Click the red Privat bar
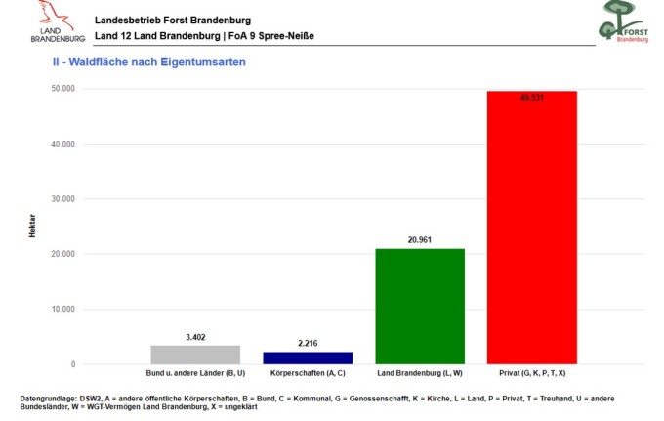coord(532,228)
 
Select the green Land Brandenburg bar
coord(420,306)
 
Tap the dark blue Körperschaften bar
coord(308,358)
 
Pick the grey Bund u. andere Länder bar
coord(195,355)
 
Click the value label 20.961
coord(420,240)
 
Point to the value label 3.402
coord(195,337)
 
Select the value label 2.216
coord(308,343)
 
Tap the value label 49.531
coord(532,98)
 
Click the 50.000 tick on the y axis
coord(63,89)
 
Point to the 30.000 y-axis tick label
coord(63,198)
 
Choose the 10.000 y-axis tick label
coord(63,310)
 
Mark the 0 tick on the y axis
coord(73,364)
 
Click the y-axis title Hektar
coord(32,226)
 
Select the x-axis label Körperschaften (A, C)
coord(308,373)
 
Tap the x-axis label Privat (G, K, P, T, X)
coord(532,373)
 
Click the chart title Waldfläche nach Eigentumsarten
coord(157,62)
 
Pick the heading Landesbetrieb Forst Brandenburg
coord(173,20)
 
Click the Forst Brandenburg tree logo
coord(623,21)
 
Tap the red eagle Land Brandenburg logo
coord(57,21)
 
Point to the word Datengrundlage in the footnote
coord(48,399)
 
